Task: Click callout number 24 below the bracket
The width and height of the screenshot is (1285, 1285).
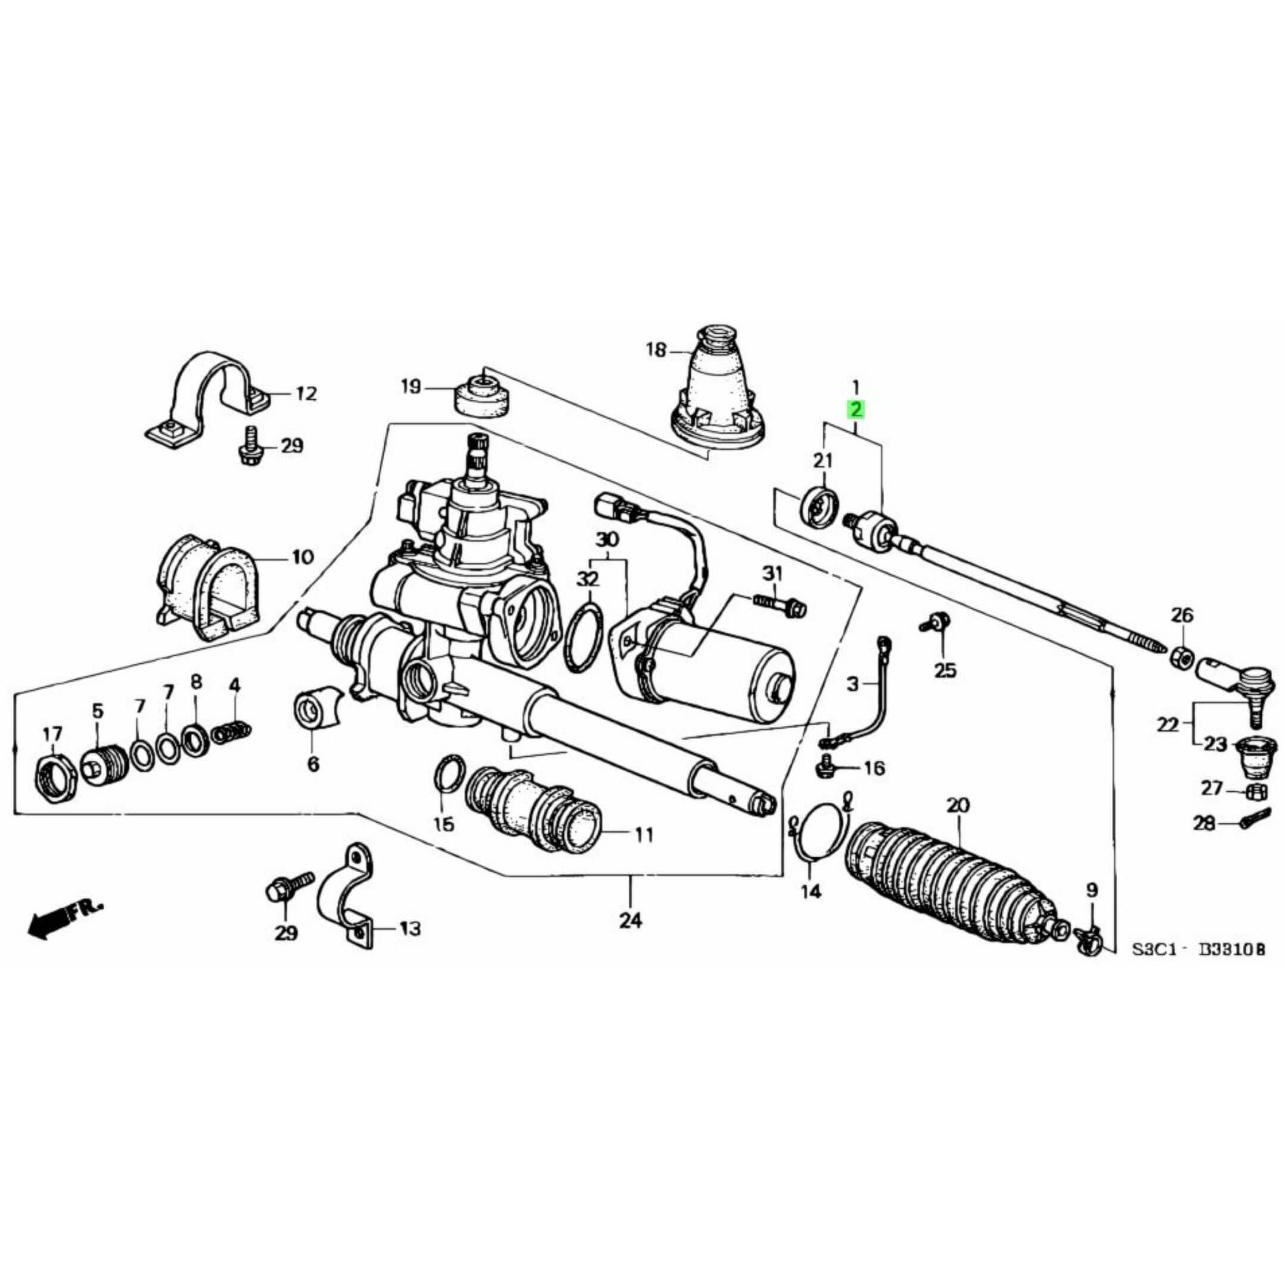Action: coord(630,920)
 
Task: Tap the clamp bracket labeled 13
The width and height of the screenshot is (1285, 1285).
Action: coord(346,891)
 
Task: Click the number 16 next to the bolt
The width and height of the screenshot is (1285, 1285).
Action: coord(874,769)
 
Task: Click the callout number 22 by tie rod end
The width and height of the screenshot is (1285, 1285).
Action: coord(1167,725)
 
